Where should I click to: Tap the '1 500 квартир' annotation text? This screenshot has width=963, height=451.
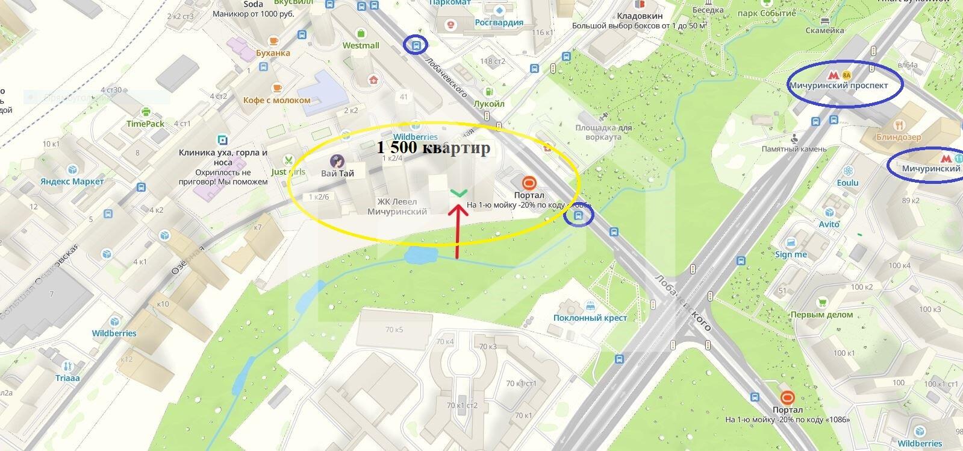434,148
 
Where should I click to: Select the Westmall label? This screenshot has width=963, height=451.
361,45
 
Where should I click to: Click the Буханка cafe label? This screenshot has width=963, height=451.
273,52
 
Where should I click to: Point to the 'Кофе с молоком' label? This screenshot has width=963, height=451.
277,100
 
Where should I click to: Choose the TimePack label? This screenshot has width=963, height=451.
145,124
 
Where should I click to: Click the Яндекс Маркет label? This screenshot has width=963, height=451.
72,181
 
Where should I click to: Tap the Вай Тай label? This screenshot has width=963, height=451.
337,173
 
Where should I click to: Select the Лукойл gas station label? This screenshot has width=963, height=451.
488,104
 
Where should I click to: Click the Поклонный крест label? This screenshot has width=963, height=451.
590,318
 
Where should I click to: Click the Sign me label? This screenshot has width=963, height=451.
791,254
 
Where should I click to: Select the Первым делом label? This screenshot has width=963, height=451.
821,314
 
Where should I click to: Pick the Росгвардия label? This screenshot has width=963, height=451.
499,22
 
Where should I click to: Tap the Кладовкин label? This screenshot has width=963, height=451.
640,16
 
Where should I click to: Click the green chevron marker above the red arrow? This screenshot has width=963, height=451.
458,193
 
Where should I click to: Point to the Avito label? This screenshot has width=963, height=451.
829,224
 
